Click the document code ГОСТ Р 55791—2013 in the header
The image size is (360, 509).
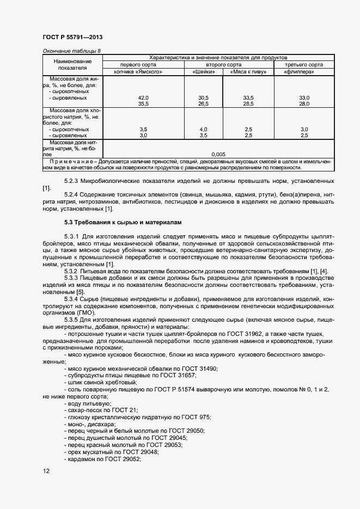72,37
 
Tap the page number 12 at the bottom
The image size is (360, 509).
46,471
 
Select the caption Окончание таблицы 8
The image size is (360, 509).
71,51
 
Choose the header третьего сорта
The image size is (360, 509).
304,65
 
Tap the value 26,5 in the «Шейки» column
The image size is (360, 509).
204,103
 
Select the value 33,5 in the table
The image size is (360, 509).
248,97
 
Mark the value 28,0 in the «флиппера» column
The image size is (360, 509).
304,103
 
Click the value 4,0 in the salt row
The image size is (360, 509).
204,129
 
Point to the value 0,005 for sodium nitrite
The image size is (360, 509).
218,154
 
